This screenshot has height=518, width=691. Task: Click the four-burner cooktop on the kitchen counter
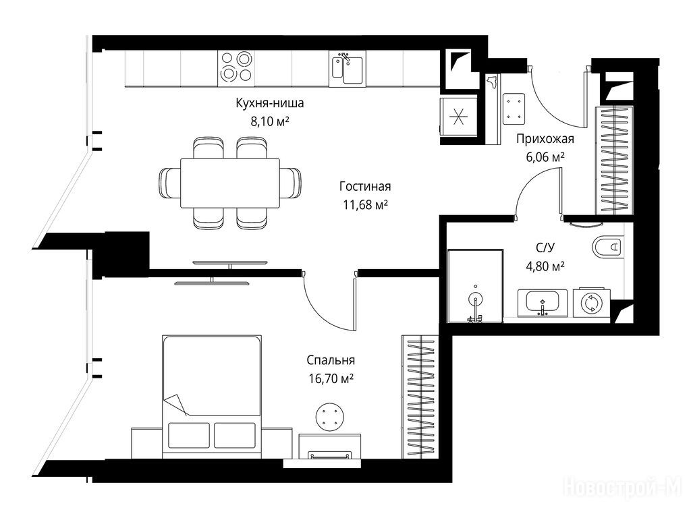(x=236, y=69)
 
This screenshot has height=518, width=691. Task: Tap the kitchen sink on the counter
(x=347, y=69)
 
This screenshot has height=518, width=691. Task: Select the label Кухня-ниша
(x=270, y=103)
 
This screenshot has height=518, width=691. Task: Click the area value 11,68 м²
(x=365, y=204)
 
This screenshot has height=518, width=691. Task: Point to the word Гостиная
(x=365, y=186)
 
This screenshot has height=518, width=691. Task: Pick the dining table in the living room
(x=229, y=183)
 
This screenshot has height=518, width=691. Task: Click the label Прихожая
(x=545, y=139)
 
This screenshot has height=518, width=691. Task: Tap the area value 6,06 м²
(x=545, y=156)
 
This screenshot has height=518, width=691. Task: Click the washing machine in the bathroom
(x=591, y=303)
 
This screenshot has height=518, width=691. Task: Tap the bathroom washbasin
(x=543, y=303)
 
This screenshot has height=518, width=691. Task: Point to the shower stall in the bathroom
(x=475, y=286)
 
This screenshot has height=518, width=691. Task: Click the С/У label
(x=545, y=248)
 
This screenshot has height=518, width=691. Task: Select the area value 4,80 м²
(x=545, y=266)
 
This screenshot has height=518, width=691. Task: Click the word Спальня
(x=331, y=360)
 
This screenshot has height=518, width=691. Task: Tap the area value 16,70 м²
(x=331, y=378)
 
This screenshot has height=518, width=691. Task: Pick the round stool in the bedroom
(x=329, y=417)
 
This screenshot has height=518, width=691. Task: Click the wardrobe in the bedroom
(x=420, y=397)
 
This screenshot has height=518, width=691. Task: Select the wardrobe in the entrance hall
(x=615, y=161)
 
